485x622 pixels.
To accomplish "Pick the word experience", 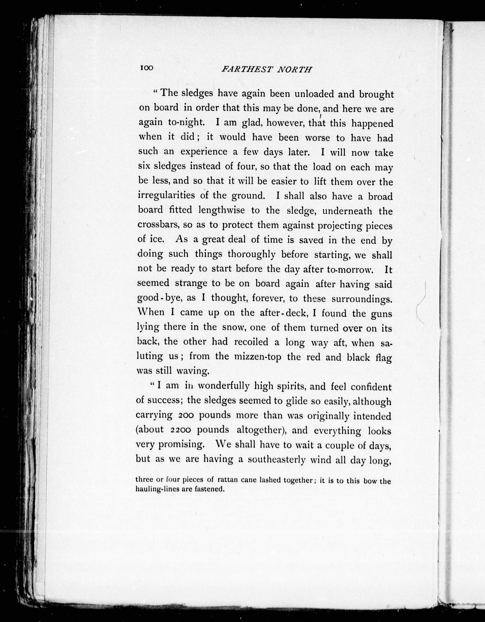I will point(204,152).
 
